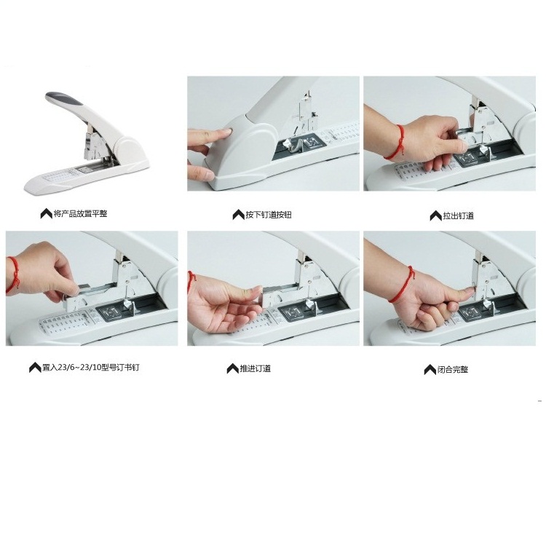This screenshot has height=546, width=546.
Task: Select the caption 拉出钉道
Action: coord(458,215)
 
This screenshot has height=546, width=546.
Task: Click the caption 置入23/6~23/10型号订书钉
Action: coord(90,368)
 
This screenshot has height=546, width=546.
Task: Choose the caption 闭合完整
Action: coord(453,369)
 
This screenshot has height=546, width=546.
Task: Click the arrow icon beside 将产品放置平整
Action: coord(46,214)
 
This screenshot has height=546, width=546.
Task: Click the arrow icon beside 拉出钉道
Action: coord(435,215)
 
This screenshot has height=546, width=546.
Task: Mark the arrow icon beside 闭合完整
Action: coord(430,369)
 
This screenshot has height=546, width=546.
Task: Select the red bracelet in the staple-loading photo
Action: coord(12,275)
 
